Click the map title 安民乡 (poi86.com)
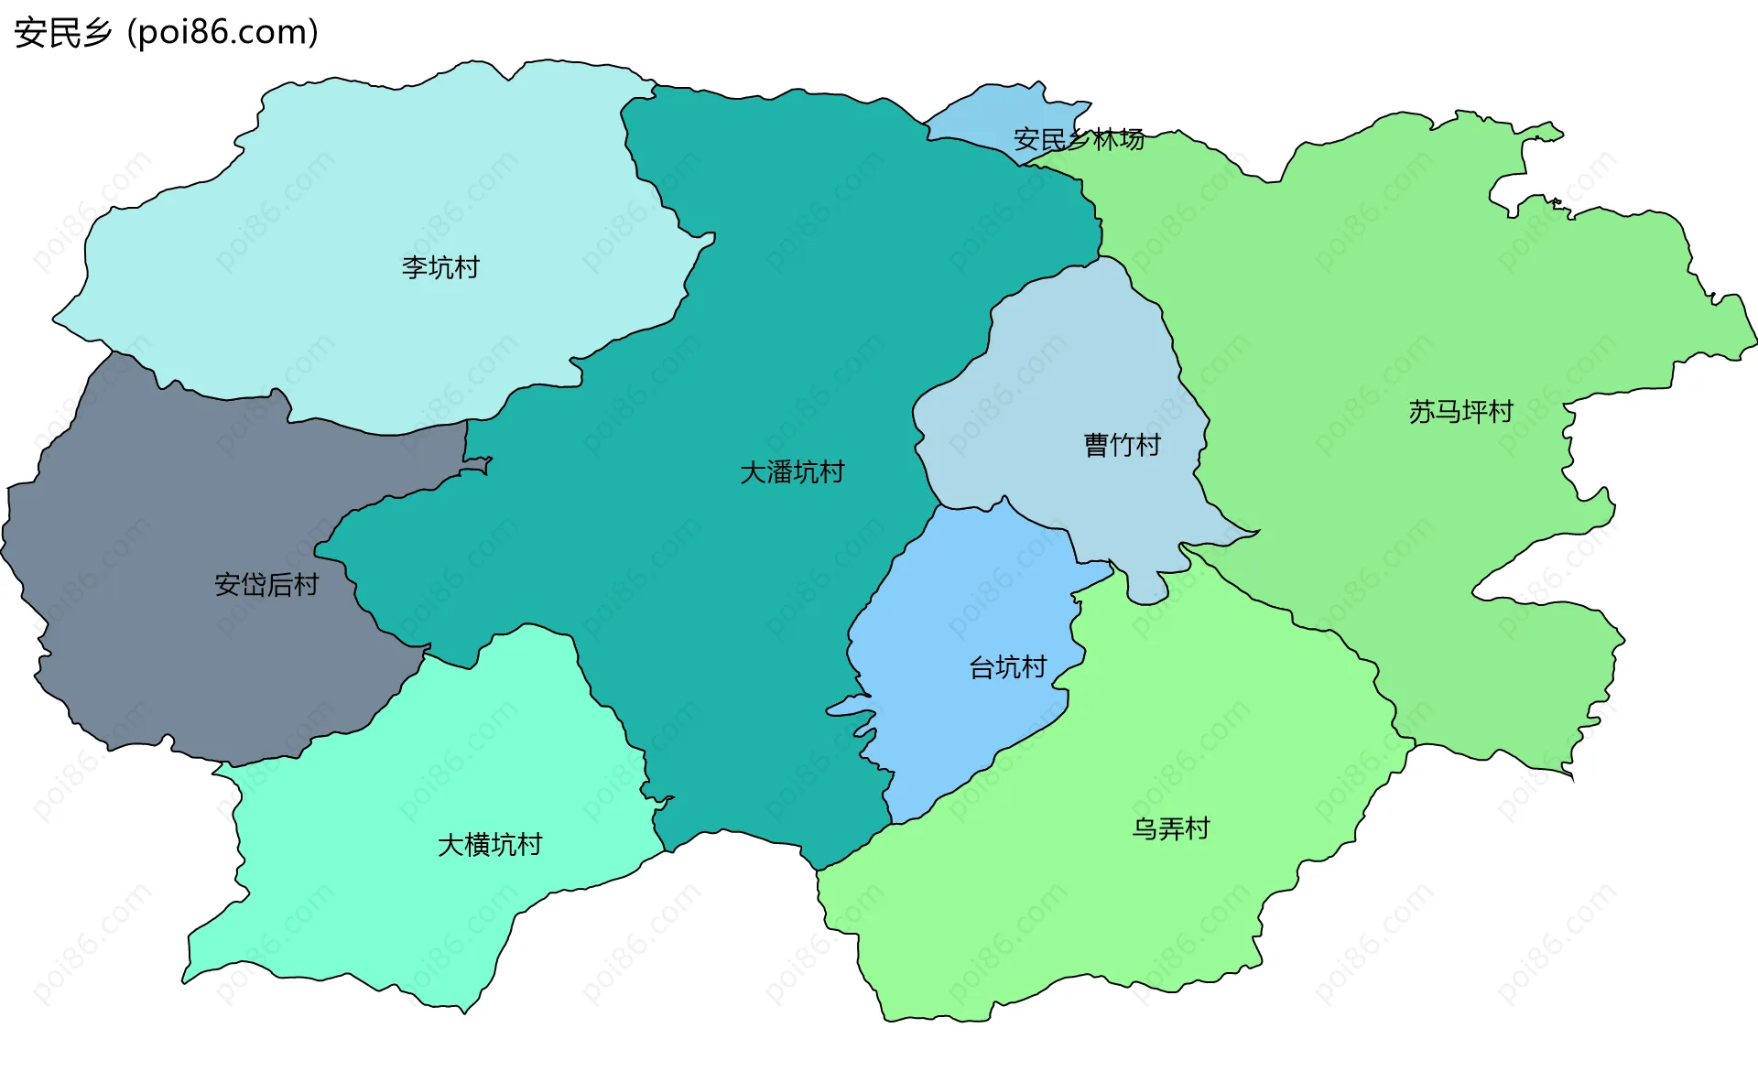tap(165, 33)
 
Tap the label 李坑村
tap(440, 267)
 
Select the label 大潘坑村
tap(792, 472)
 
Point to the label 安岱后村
tap(266, 585)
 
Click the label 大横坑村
tap(490, 844)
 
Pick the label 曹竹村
tap(1123, 445)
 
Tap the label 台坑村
tap(1008, 667)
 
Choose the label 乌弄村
tap(1171, 828)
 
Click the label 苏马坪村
tap(1461, 412)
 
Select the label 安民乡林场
tap(1079, 139)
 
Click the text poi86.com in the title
tap(223, 33)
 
